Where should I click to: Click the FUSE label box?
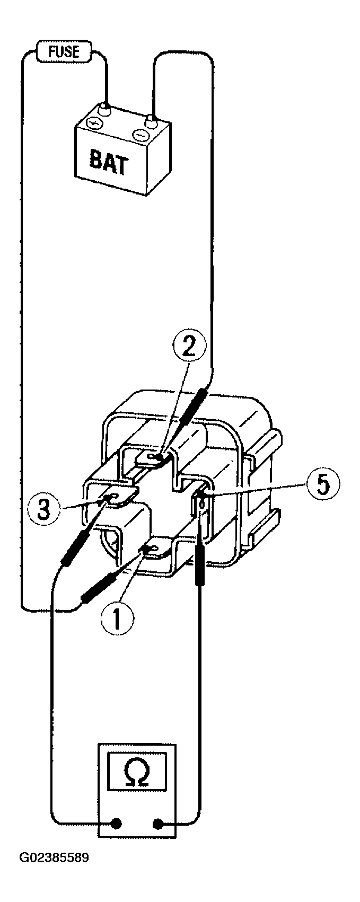point(65,51)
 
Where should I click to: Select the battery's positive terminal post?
point(106,110)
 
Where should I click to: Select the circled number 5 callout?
point(322,485)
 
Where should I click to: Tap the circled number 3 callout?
point(44,510)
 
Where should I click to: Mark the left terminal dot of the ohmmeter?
point(117,824)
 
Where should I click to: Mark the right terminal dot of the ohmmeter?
point(158,824)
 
